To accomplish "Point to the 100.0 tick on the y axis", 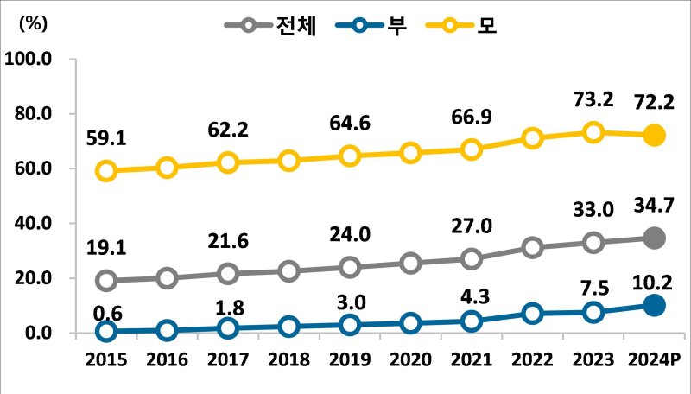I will click(x=29, y=59).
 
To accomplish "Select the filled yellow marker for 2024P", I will click(x=654, y=135).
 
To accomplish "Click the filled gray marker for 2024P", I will click(x=654, y=238).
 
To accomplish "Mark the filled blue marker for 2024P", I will click(x=654, y=305).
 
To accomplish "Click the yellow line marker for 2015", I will click(x=106, y=171).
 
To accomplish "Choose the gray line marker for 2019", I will click(x=350, y=267).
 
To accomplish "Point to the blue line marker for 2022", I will click(x=532, y=313).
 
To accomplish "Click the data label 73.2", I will click(x=593, y=99).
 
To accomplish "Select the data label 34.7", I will click(x=654, y=205).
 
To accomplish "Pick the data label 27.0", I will click(x=472, y=226).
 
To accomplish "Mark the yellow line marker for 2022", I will click(x=532, y=138).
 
